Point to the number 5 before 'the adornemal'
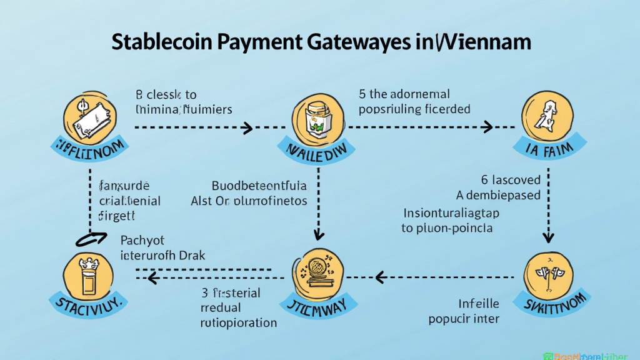tap(362, 94)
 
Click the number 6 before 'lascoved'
tap(484, 180)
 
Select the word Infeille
tap(479, 304)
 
